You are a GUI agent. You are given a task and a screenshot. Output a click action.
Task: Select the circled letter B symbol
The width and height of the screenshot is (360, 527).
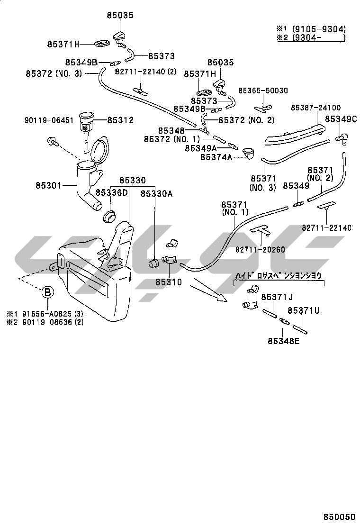pyautogui.click(x=48, y=292)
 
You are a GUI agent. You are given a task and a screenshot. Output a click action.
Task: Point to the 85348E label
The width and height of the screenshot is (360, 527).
pyautogui.click(x=283, y=340)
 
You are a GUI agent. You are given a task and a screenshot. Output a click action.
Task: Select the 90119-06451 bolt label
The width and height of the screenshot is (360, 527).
pyautogui.click(x=49, y=121)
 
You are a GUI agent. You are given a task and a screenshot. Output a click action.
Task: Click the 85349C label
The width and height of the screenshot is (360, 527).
pyautogui.click(x=341, y=118)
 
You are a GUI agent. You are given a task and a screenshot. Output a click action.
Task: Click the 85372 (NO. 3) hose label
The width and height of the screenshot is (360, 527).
pyautogui.click(x=54, y=73)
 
